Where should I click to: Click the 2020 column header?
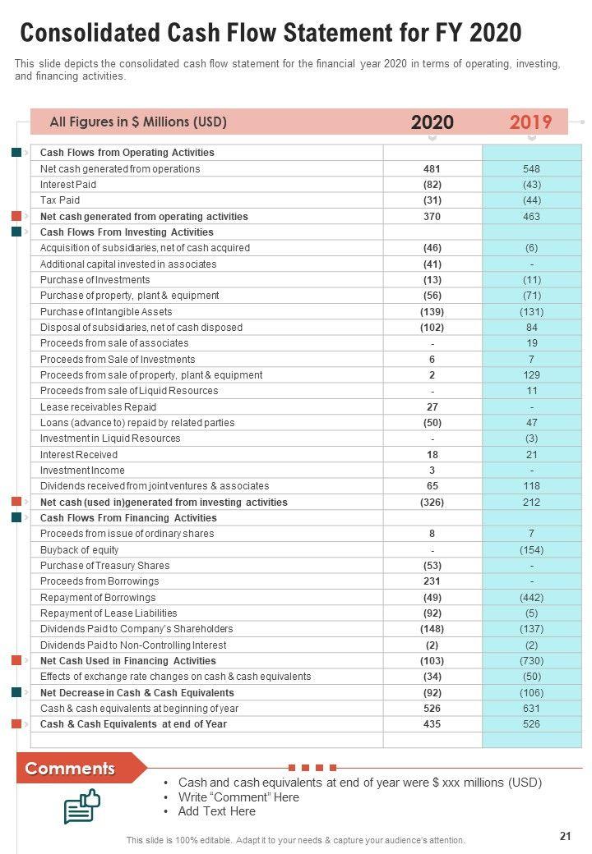432,122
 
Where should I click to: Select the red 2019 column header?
530,122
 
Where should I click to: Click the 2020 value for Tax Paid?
432,200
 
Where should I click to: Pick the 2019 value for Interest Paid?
531,185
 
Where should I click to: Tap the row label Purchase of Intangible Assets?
106,311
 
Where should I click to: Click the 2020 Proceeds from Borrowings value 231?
432,581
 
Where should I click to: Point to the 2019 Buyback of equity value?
531,550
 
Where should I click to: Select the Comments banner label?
70,769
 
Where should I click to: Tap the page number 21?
565,836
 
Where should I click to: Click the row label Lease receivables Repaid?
98,407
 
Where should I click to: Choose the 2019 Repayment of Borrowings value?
531,598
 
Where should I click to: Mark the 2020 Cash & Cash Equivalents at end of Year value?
432,724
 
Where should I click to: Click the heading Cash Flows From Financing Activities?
128,518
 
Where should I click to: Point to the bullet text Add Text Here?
216,811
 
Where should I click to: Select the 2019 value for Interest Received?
531,455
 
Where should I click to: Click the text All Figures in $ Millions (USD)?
138,122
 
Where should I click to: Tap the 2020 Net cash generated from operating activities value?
432,217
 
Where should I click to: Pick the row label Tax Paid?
60,200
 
